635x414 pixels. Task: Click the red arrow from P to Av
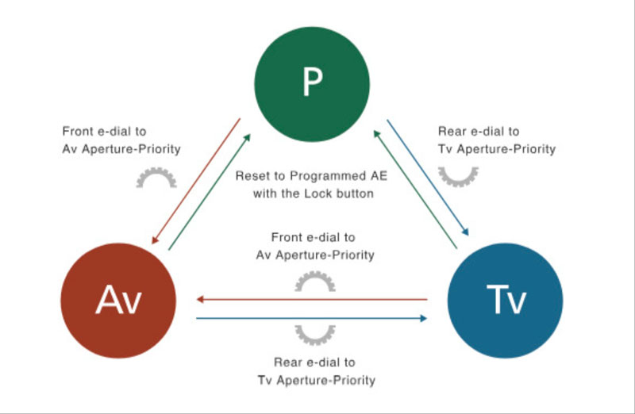pos(195,182)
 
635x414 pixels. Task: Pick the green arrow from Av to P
pos(211,191)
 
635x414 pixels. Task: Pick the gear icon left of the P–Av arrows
pos(156,178)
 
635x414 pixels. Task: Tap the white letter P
pos(311,82)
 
